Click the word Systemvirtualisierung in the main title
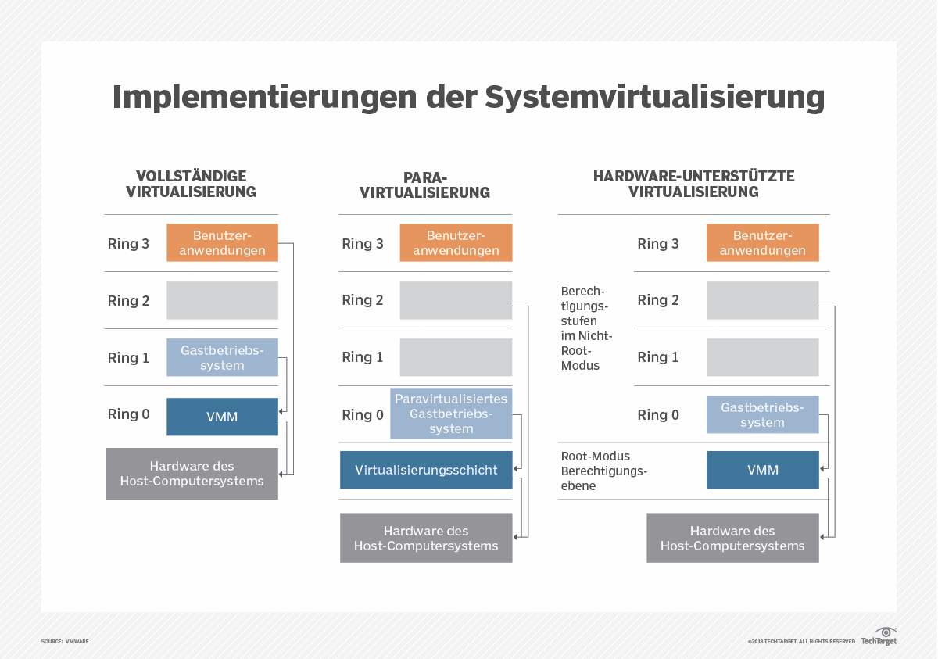(654, 98)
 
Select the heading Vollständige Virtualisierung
(192, 184)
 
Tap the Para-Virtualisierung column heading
(425, 184)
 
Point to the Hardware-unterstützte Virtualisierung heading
(693, 184)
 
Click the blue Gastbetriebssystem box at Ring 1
(222, 358)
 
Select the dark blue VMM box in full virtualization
(222, 417)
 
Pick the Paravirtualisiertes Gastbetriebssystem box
(451, 414)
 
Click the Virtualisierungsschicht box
(426, 470)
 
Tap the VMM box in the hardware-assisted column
(762, 470)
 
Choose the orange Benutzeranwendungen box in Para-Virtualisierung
(456, 243)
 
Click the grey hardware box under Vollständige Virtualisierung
(192, 474)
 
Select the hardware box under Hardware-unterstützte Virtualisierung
(732, 538)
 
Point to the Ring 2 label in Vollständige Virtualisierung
(128, 301)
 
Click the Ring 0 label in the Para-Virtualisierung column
(363, 415)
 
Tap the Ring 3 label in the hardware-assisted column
(658, 244)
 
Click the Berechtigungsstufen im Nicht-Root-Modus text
(587, 328)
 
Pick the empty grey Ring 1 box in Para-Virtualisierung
(456, 357)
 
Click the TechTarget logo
(879, 636)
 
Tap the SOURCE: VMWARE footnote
(65, 641)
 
